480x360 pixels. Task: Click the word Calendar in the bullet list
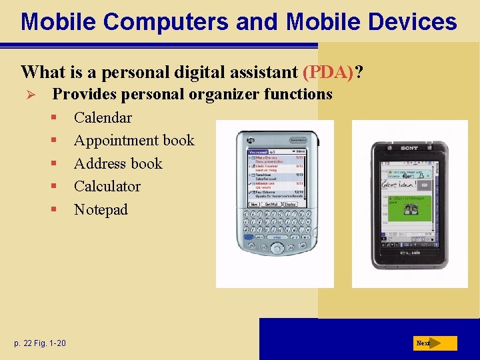103,118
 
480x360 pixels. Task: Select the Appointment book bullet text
134,141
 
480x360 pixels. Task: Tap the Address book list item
118,164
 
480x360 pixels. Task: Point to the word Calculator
107,187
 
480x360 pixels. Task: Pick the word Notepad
101,210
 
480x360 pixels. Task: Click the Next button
434,343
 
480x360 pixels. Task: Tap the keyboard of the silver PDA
273,226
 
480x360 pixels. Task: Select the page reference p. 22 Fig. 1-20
39,343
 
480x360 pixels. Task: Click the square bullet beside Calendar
53,118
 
